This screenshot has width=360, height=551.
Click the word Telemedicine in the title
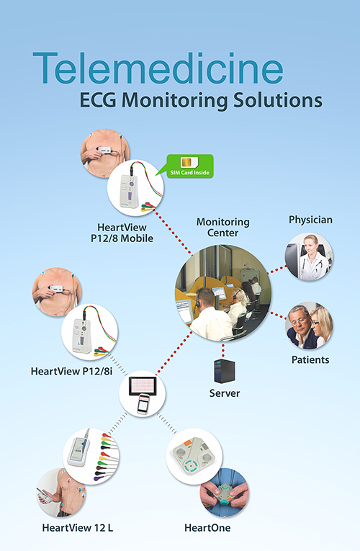[158, 68]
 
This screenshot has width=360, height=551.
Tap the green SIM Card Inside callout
[190, 166]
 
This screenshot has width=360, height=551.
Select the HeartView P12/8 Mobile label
[122, 233]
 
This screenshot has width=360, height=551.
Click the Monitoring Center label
[223, 228]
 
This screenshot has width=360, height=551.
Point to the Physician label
[310, 220]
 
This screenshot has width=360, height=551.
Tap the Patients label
[310, 360]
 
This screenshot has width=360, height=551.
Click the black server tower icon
[225, 371]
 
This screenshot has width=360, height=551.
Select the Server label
[225, 393]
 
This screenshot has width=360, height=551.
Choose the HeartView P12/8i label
[72, 372]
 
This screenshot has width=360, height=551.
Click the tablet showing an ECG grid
[143, 386]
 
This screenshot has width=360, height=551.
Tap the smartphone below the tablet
[143, 404]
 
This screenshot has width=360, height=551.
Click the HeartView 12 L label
[78, 528]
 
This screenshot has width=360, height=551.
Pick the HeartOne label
[207, 528]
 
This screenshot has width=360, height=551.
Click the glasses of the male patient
[300, 321]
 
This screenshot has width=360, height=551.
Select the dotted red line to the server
[223, 350]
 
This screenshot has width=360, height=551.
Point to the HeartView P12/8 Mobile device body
[127, 190]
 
